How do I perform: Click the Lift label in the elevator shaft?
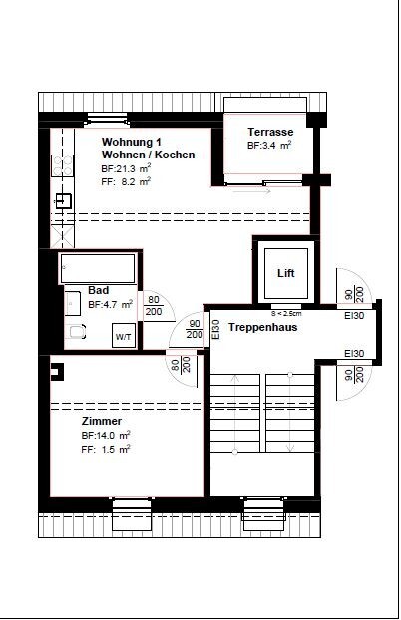point(285,273)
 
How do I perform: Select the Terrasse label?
point(270,131)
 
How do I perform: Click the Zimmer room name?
point(101,421)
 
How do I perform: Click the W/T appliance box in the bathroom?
point(123,337)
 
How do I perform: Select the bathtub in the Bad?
point(97,269)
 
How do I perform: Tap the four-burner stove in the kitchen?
point(61,164)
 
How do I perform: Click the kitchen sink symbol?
point(61,199)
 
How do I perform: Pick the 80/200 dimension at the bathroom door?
point(154,305)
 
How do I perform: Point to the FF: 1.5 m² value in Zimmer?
point(106,449)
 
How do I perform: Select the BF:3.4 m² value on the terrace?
point(269,146)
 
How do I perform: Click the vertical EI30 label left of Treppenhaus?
point(215,329)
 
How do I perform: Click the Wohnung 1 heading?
point(132,142)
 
